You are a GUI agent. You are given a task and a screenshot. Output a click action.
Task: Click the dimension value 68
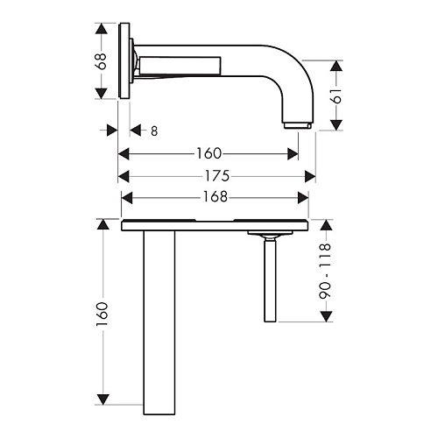pos(102,61)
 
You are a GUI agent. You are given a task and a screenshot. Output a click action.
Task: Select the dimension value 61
pos(336,95)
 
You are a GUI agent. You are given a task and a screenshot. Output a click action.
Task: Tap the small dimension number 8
pos(154,131)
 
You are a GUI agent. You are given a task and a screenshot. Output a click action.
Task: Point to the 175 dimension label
pos(216,176)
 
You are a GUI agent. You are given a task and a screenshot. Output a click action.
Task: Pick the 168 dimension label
pos(215,197)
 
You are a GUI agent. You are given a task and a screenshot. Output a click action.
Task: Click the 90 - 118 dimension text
pos(325,271)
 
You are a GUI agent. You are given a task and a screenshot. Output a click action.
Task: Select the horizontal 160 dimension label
pos(209,153)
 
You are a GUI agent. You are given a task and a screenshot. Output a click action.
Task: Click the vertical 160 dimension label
pos(102,314)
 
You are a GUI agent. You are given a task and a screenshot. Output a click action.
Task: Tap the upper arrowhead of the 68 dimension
pos(102,29)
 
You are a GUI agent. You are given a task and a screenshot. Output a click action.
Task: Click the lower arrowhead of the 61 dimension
pos(336,125)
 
